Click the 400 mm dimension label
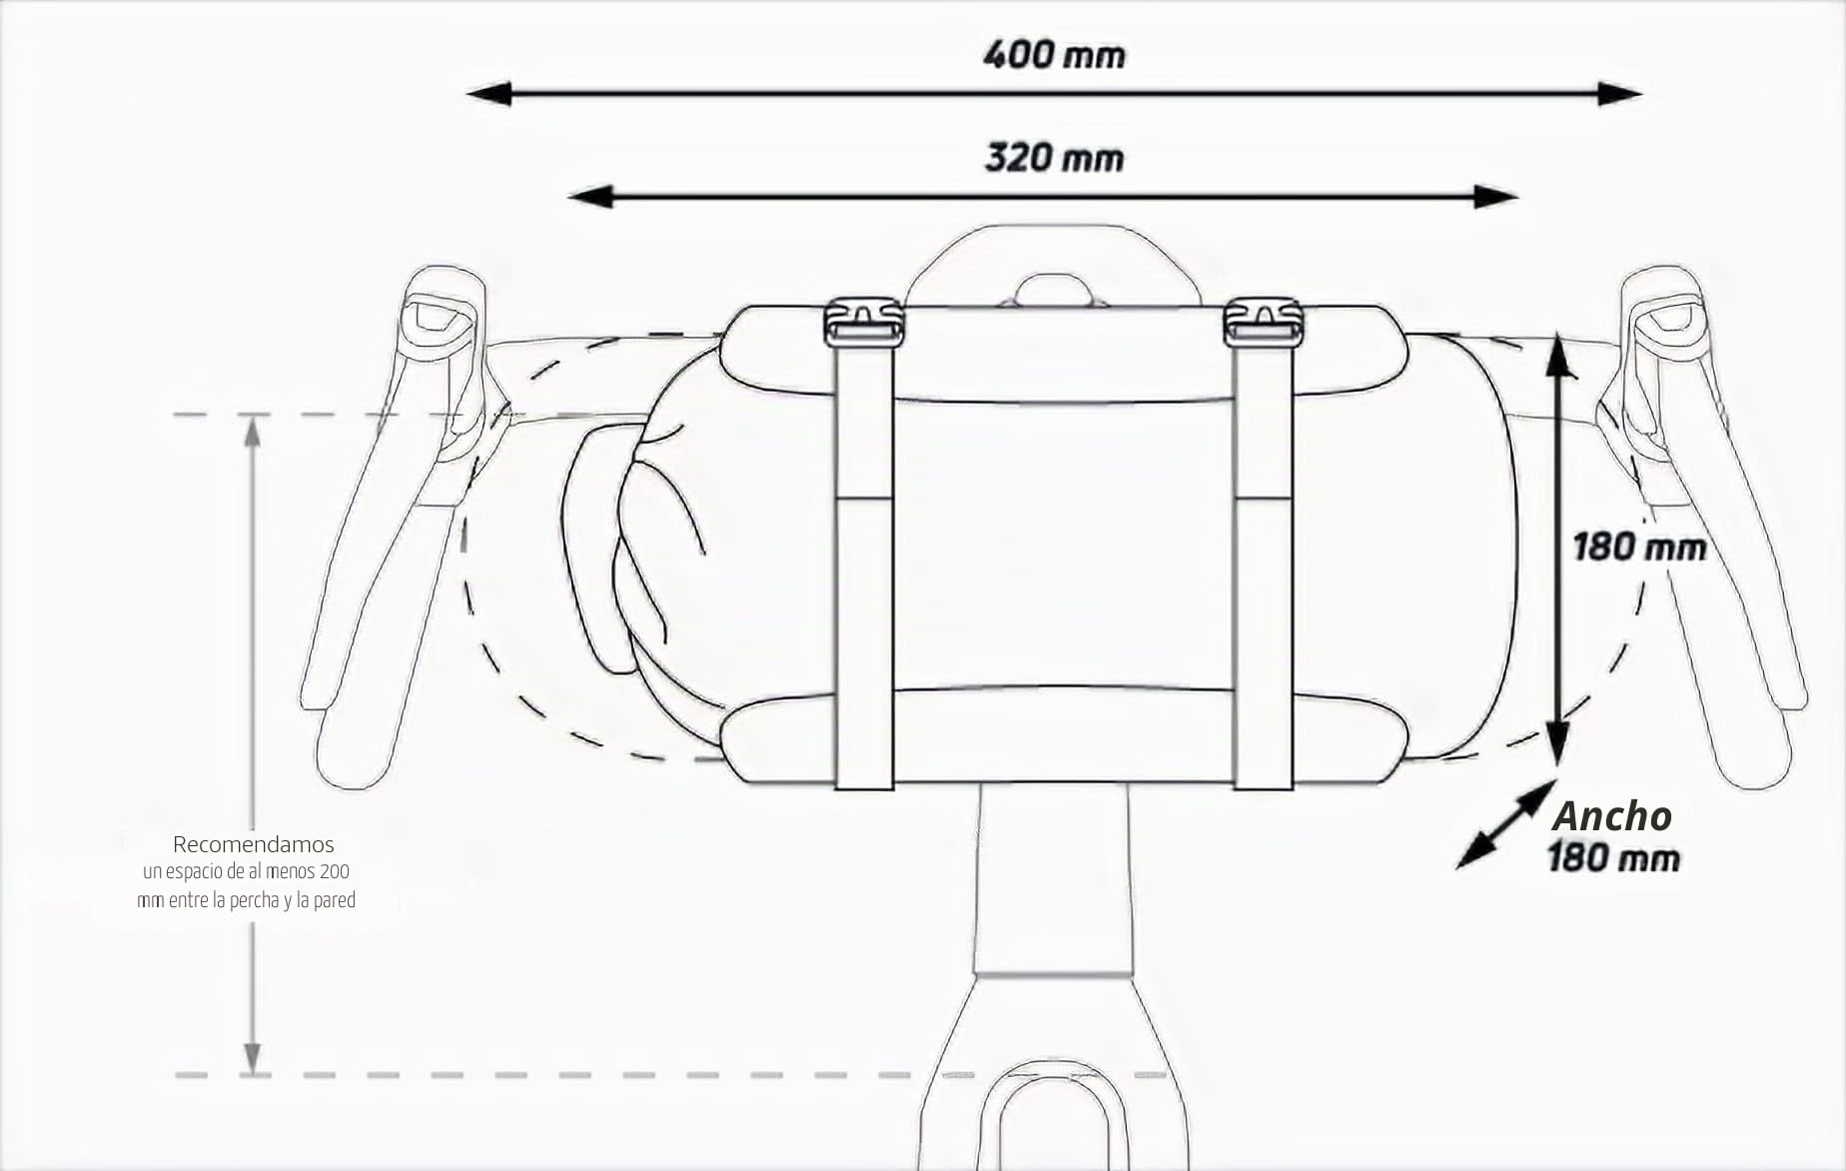pyautogui.click(x=1054, y=54)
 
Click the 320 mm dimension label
pyautogui.click(x=1054, y=158)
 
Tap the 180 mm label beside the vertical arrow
pyautogui.click(x=1639, y=548)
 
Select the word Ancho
pyautogui.click(x=1612, y=816)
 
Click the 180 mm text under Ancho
pyautogui.click(x=1613, y=858)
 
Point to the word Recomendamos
pyautogui.click(x=253, y=844)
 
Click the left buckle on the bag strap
pyautogui.click(x=864, y=322)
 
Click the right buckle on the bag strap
pyautogui.click(x=1264, y=322)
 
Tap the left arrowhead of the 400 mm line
pyautogui.click(x=489, y=94)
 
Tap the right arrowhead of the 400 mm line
pyautogui.click(x=1619, y=94)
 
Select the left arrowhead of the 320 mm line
pyautogui.click(x=590, y=197)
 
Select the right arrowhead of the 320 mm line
pyautogui.click(x=1496, y=197)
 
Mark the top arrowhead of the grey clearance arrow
pyautogui.click(x=253, y=432)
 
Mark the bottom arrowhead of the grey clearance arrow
pyautogui.click(x=253, y=1058)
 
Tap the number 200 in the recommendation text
pyautogui.click(x=334, y=872)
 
